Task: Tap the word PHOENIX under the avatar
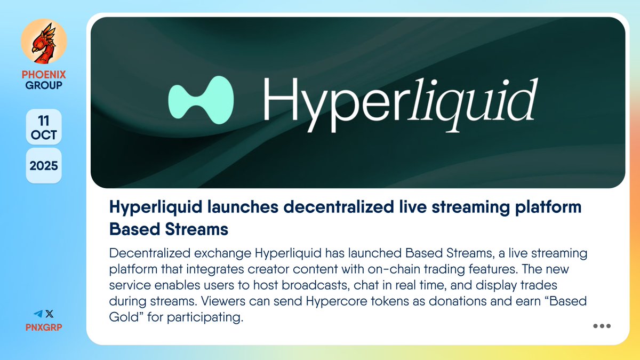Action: [x=44, y=74]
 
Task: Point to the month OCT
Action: [x=44, y=134]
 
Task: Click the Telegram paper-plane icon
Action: [x=38, y=314]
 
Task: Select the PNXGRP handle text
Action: [x=44, y=326]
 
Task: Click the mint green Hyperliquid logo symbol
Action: [x=200, y=98]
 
